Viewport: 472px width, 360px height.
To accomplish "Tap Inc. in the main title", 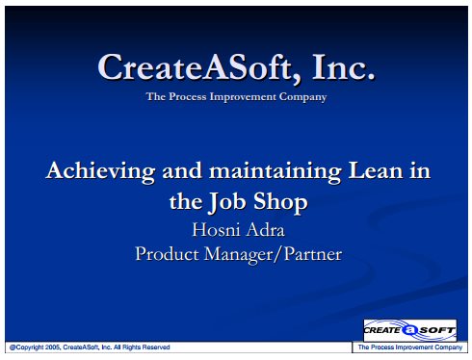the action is (343, 66).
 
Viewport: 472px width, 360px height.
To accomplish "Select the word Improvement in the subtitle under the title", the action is (243, 97).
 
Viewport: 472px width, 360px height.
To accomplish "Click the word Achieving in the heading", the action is (100, 171).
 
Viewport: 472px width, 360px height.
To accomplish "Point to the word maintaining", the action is (275, 171).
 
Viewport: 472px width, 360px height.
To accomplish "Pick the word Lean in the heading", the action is (376, 170).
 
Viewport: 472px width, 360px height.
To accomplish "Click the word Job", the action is (227, 202).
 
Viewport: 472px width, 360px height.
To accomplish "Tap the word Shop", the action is (280, 202).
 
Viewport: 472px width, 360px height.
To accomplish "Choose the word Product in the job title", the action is (167, 254).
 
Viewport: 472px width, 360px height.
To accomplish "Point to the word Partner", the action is (313, 254).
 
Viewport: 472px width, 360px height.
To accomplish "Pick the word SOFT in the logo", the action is (437, 330).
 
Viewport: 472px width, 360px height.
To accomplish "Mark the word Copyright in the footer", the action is (30, 347).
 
